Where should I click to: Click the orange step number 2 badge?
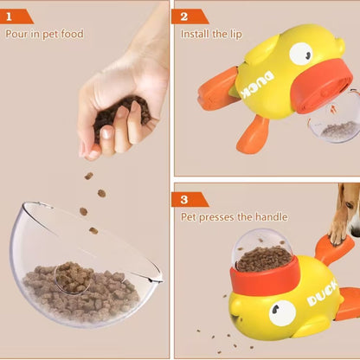pos(190,15)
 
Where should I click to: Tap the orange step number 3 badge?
pos(190,198)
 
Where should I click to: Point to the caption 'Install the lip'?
pos(211,34)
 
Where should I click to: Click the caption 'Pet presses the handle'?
pos(234,216)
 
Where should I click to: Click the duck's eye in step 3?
pos(281,312)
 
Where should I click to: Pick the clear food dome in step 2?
pos(334,121)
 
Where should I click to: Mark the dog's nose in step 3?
pos(356,230)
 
